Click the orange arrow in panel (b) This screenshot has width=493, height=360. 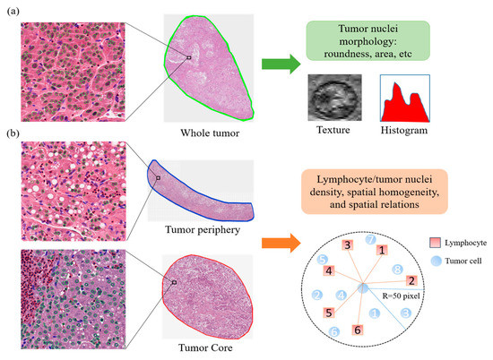(280, 242)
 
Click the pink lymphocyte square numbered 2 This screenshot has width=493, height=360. (411, 280)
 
